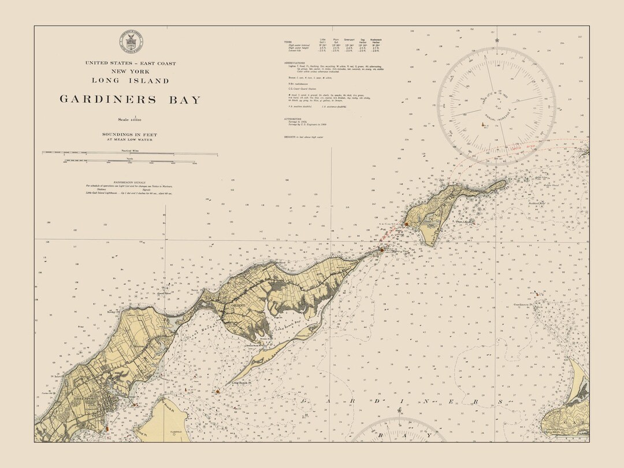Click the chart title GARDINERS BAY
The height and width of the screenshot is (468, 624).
pos(130,99)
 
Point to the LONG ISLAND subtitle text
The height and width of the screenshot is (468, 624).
pos(130,80)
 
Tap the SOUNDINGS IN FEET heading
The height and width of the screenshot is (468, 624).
pos(130,135)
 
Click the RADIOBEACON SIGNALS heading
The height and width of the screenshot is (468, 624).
pos(129,181)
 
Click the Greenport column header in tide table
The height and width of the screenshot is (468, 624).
pos(350,40)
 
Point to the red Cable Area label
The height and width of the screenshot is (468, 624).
pos(523,147)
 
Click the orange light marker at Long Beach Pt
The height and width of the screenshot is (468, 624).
pos(218,391)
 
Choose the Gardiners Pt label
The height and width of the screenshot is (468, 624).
pos(525,304)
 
